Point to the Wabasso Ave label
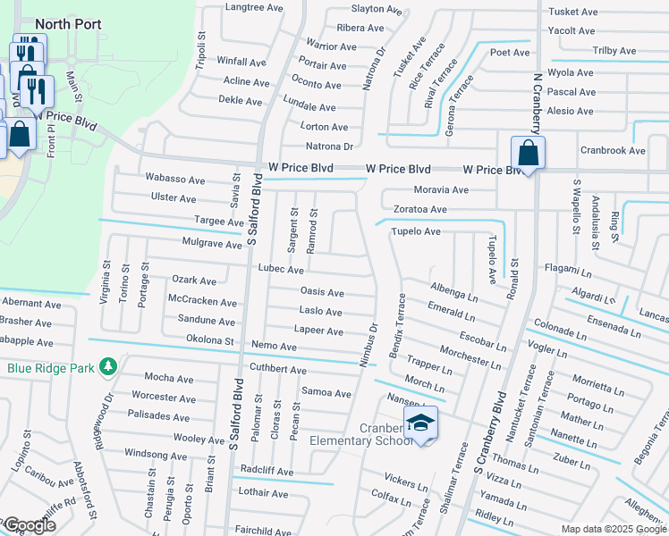170,179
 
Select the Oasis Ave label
322,292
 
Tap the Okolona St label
209,339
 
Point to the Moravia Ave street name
441,189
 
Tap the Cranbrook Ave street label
613,151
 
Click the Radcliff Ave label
266,472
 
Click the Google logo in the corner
29,525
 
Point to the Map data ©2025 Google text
613,529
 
